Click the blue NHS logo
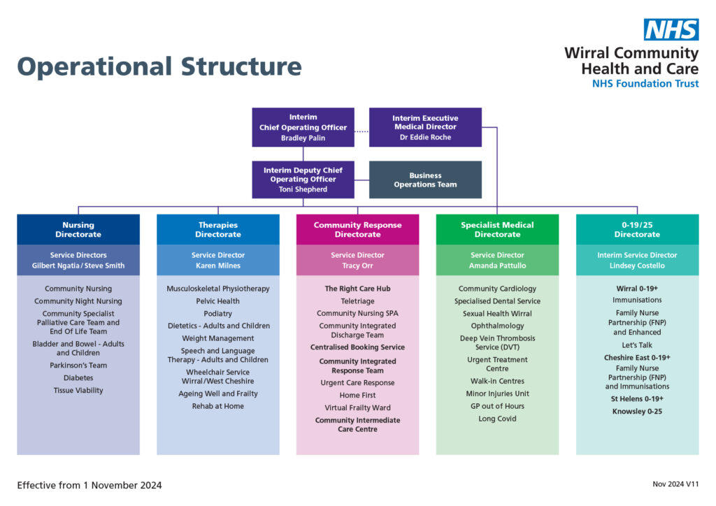[671, 29]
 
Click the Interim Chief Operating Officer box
[303, 127]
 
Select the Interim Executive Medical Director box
[425, 127]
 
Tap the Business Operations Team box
[425, 180]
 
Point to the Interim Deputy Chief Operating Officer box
[303, 180]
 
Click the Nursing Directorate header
[78, 229]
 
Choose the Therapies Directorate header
[218, 229]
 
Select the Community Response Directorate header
[357, 229]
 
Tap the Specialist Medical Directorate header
[497, 229]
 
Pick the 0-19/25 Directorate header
[637, 229]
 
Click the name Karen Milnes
[218, 266]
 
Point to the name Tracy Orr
[357, 266]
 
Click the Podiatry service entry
[218, 314]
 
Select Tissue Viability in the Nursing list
[78, 391]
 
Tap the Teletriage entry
[357, 301]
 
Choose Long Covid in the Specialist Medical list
[497, 419]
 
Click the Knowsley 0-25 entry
[637, 412]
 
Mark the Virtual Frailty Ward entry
[357, 407]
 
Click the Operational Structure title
[159, 66]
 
